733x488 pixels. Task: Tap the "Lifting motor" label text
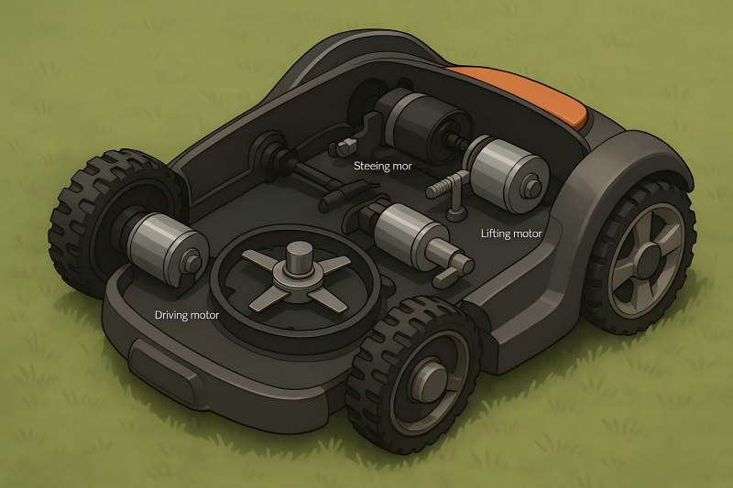511,233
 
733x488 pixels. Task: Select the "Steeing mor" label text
383,167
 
